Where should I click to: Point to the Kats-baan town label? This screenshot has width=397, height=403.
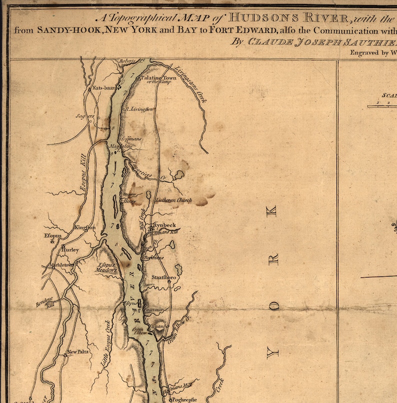point(104,88)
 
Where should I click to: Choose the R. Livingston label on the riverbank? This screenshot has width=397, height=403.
point(139,108)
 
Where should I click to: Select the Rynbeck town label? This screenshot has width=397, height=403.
point(164,225)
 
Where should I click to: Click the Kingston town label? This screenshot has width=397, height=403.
point(84,227)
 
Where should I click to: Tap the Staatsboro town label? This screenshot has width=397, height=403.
point(164,276)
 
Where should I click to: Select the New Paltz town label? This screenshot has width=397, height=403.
point(78,351)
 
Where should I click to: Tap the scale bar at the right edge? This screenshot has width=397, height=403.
point(382,106)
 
